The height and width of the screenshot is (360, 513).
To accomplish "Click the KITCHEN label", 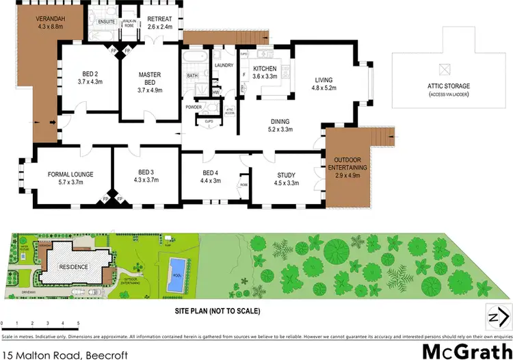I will (x=264, y=69).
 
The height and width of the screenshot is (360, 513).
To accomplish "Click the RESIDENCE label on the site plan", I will (x=73, y=268).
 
